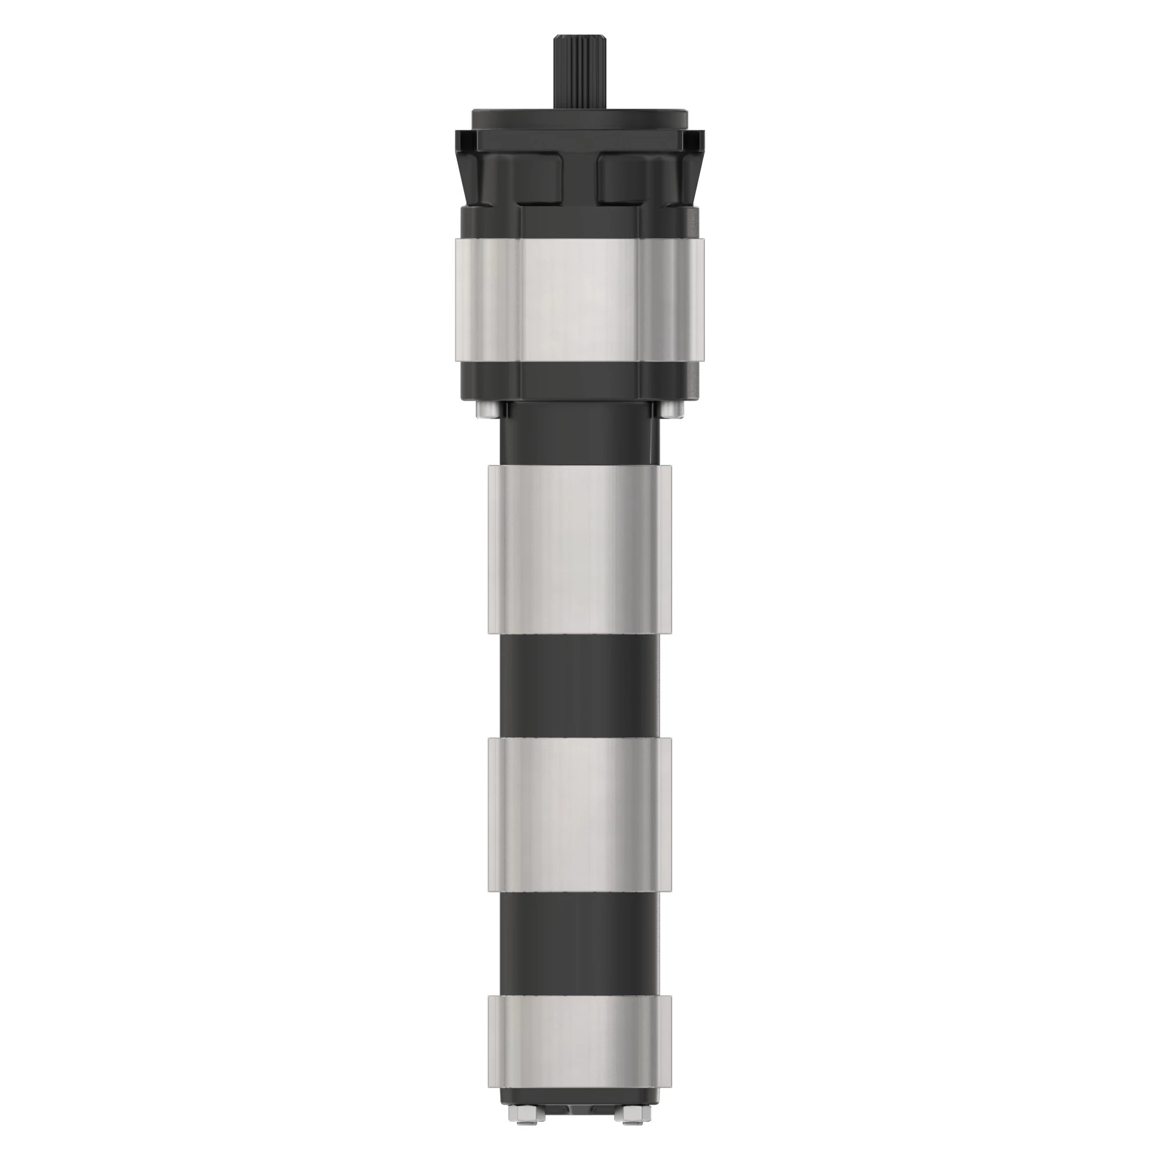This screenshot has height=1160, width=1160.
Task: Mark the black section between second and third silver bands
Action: click(x=580, y=684)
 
